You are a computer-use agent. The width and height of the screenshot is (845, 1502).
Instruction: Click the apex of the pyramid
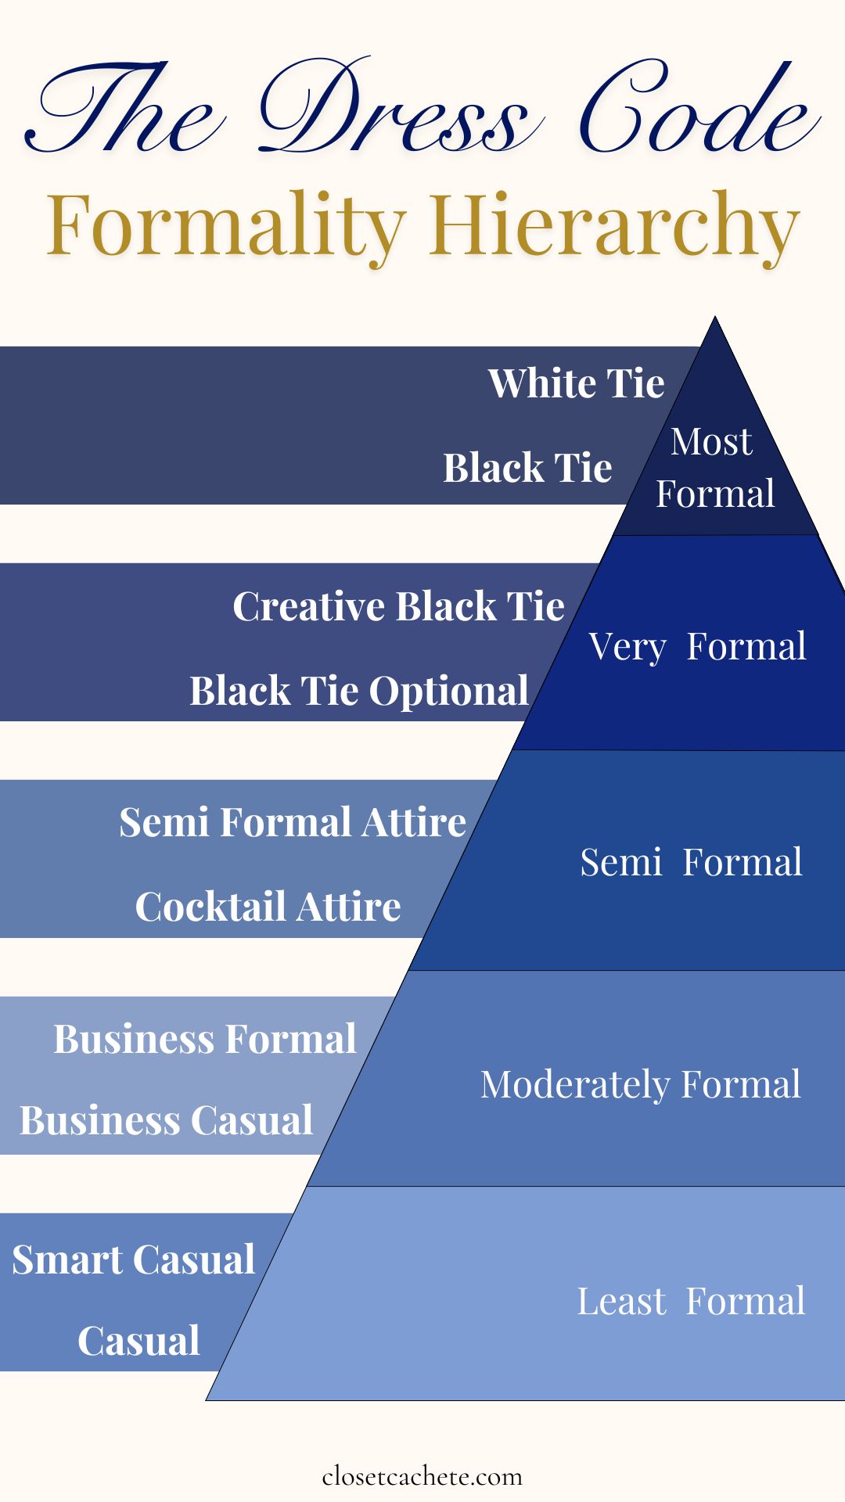[x=715, y=316]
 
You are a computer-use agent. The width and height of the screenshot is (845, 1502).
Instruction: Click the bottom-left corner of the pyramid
[x=206, y=1400]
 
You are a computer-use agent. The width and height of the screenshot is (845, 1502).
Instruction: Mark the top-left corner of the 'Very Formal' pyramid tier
[x=613, y=535]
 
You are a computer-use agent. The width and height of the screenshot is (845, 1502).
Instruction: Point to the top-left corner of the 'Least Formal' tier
[x=307, y=1186]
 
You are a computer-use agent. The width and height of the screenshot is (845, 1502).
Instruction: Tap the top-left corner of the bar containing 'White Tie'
[x=0, y=347]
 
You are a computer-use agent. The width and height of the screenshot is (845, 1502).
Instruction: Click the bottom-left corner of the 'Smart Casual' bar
[x=0, y=1371]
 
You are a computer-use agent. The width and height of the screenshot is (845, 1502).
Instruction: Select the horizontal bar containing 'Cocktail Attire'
[x=235, y=859]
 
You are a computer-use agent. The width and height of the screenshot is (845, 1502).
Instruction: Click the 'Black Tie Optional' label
[x=359, y=692]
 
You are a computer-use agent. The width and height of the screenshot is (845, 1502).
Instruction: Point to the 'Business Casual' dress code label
[x=167, y=1120]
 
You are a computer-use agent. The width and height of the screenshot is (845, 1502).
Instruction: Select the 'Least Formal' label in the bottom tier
[x=691, y=1301]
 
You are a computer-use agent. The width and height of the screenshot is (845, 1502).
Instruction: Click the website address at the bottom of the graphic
[x=422, y=1476]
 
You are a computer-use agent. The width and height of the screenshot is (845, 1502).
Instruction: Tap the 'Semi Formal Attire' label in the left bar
[x=293, y=822]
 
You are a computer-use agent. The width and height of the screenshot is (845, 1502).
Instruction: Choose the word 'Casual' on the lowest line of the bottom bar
[x=139, y=1341]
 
